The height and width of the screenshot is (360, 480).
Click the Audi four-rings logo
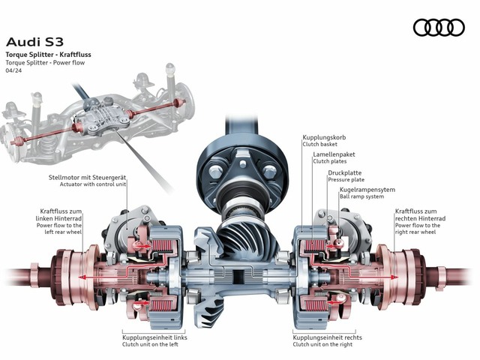click(439, 27)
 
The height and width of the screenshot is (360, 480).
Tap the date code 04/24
click(14, 72)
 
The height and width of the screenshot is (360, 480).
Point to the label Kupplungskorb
click(325, 139)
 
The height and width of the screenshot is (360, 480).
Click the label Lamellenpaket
click(334, 154)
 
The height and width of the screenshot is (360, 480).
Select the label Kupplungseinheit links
click(154, 338)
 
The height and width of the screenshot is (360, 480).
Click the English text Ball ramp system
click(362, 198)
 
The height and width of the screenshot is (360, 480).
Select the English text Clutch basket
click(322, 146)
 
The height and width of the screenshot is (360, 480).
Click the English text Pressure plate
click(346, 180)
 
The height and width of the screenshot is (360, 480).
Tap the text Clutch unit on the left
click(152, 346)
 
